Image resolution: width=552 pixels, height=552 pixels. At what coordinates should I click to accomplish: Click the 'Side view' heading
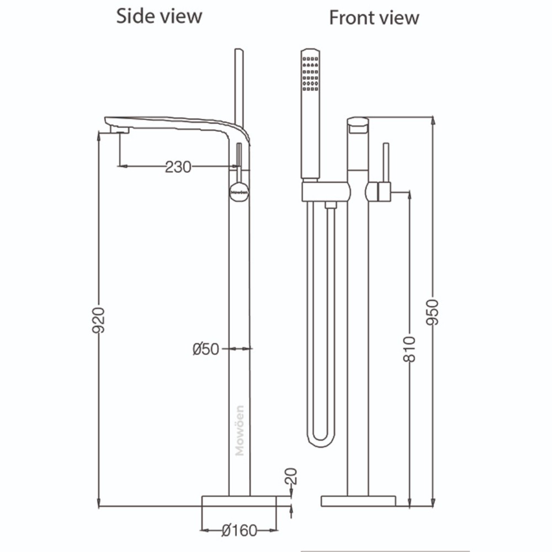pos(159,16)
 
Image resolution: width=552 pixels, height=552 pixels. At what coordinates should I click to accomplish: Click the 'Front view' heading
pos(374,17)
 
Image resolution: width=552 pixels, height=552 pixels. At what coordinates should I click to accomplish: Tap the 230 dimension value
pos(178,166)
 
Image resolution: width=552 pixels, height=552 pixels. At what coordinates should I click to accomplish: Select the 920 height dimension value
pos(99,320)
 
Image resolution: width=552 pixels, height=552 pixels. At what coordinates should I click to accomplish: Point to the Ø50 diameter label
pos(206,349)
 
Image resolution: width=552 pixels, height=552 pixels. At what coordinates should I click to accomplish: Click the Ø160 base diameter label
pos(239,530)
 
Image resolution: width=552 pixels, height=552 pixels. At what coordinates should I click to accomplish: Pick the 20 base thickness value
pos(291,476)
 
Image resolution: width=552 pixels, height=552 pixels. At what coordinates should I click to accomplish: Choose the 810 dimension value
pos(409,348)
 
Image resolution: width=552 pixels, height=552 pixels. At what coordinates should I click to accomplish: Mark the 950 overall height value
pos(433,312)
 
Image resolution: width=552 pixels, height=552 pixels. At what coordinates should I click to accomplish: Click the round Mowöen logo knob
pos(239,191)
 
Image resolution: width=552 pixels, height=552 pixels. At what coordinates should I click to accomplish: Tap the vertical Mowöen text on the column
pos(240,431)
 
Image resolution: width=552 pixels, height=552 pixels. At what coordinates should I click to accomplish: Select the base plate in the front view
pos(358,501)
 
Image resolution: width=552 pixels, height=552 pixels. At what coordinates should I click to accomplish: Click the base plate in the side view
pos(238,501)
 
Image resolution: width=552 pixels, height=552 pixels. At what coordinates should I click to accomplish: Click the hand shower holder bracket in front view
pos(326,192)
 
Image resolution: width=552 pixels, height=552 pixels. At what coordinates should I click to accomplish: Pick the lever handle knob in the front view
pos(378,191)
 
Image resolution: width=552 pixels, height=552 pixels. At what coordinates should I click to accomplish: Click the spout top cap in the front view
pos(358,124)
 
